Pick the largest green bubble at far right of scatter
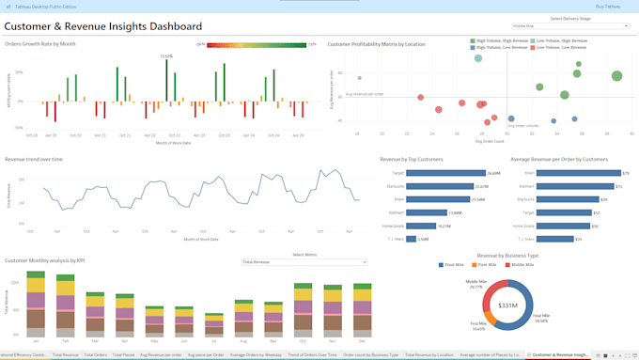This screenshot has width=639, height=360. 616,77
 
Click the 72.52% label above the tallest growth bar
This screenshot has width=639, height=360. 165,56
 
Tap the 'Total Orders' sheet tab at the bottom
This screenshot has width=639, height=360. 96,355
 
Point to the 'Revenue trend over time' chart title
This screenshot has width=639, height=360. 35,160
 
